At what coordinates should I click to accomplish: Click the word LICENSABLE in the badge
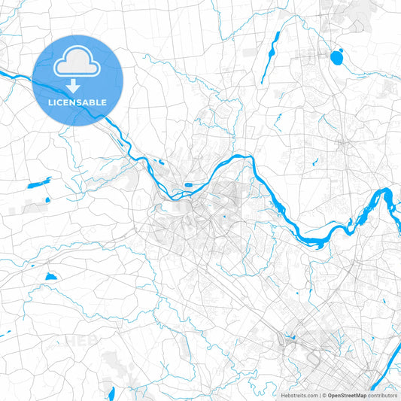coord(78,102)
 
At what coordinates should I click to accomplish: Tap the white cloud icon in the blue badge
coord(78,61)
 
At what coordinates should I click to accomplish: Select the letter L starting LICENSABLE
coord(50,102)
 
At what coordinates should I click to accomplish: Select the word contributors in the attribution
coord(383,395)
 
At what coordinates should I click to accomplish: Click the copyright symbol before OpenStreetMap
coord(324,395)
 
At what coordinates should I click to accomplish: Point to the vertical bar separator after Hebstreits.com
coord(318,395)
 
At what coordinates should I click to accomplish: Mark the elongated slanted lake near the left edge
coord(38,183)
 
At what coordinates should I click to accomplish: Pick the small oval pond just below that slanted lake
coord(46,200)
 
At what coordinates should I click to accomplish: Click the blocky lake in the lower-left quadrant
coord(50,277)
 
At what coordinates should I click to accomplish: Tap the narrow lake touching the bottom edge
coord(111,393)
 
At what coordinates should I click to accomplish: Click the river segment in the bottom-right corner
coord(391,380)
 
